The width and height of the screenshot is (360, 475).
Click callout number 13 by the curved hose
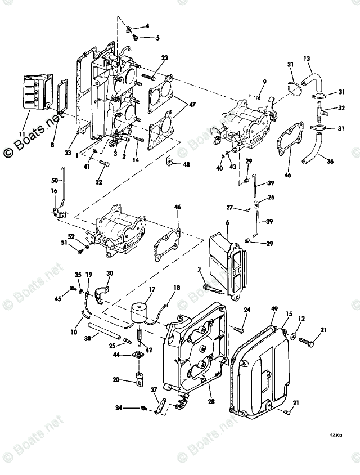(x=307, y=59)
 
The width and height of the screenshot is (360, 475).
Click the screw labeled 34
(x=144, y=407)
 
